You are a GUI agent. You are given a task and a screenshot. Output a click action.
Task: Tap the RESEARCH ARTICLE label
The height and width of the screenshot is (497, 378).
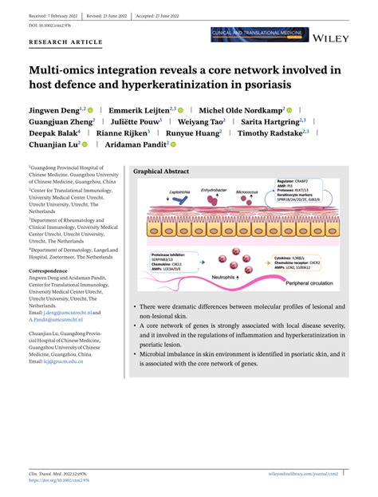pos(65,41)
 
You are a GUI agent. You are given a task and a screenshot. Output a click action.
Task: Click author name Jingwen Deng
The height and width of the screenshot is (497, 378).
pos(57,109)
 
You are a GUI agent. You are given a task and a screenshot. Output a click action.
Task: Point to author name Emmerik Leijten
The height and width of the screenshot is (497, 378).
pos(144,109)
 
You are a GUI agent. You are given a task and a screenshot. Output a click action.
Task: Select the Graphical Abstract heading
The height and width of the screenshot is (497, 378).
pos(160,172)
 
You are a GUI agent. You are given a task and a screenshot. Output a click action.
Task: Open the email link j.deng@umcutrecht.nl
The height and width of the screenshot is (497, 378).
pos(58,314)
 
